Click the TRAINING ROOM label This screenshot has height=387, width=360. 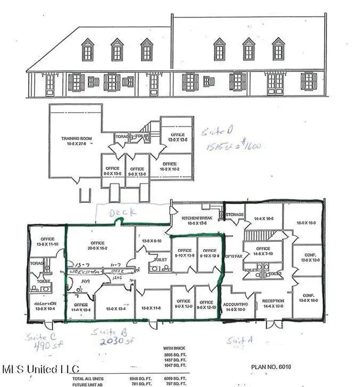point(75,141)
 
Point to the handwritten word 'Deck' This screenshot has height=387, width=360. point(122,213)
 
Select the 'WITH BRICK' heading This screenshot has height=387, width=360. point(175,347)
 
